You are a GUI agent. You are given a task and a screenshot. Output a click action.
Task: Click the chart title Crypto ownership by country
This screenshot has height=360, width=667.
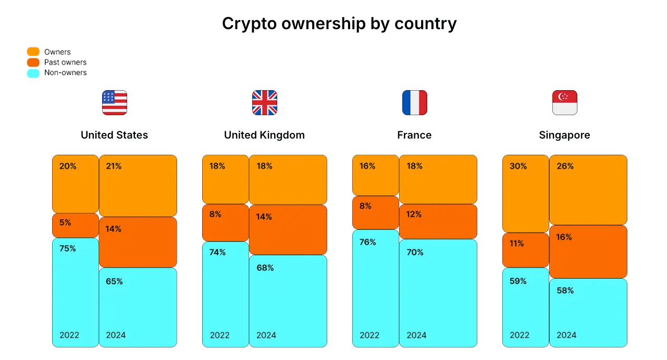(x=339, y=23)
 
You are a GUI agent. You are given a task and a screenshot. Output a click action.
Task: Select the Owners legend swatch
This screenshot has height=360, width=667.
(x=33, y=52)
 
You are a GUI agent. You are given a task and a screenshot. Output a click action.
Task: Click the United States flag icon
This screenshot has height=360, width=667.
(x=115, y=103)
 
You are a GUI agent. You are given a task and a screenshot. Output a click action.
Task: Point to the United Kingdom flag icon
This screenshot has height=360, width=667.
(x=265, y=103)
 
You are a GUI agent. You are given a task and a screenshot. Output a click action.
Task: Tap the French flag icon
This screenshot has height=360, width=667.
(x=415, y=103)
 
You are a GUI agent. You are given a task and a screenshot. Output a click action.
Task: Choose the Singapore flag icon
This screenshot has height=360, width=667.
(x=565, y=103)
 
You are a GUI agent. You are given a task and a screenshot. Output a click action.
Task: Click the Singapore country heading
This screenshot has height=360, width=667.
(x=564, y=135)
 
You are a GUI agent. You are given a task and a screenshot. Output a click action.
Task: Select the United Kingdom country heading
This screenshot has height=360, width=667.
(x=264, y=135)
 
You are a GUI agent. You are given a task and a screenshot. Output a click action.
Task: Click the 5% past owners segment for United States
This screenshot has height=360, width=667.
(x=76, y=226)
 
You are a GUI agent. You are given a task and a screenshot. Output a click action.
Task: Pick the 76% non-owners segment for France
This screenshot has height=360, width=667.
(x=376, y=288)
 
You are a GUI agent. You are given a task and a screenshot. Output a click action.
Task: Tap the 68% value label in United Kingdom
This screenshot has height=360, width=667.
(x=265, y=268)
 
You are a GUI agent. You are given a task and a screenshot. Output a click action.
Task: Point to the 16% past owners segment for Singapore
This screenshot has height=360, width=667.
(x=588, y=252)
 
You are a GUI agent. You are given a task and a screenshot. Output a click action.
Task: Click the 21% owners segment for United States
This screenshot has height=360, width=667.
(x=138, y=185)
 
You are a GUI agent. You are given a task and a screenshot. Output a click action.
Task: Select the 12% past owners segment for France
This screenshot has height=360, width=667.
(x=438, y=221)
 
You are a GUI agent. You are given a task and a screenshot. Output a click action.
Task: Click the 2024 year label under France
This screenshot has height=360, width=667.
(x=416, y=335)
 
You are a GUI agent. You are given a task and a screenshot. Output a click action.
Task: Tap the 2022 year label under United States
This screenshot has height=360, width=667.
(x=69, y=335)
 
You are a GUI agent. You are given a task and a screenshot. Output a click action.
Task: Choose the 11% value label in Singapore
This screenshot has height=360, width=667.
(x=516, y=243)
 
